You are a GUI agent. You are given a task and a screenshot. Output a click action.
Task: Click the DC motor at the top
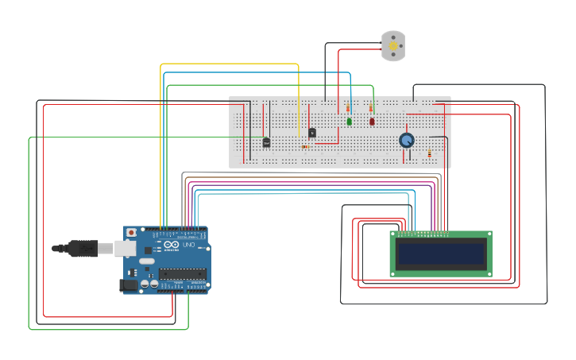[x=393, y=46]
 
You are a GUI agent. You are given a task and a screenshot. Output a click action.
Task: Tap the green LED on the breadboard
[x=349, y=122]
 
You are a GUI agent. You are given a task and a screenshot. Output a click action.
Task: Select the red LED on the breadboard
[x=372, y=122]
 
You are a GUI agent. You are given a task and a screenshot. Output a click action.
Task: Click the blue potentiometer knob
[x=407, y=140]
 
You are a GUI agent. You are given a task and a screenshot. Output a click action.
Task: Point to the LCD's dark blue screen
[x=441, y=254]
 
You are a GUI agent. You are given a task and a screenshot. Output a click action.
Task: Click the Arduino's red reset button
[x=131, y=232]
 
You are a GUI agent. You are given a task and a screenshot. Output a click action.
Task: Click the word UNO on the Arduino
[x=189, y=245]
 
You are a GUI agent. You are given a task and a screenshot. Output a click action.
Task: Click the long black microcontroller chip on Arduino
[x=182, y=273]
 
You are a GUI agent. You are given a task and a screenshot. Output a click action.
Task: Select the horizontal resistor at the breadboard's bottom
[x=306, y=147]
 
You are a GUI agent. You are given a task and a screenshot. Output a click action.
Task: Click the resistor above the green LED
[x=347, y=108]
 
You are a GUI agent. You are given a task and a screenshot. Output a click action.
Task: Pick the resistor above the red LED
[x=370, y=108]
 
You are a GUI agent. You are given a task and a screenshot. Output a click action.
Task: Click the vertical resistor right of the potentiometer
[x=430, y=151]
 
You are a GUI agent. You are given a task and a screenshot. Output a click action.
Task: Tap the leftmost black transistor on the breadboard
[x=266, y=142]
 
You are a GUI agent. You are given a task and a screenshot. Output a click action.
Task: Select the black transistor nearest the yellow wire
[x=312, y=133]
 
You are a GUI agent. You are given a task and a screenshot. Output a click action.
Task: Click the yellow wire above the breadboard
[x=230, y=64]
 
